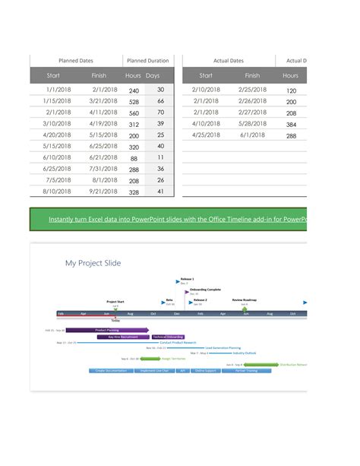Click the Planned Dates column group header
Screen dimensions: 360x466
point(76,61)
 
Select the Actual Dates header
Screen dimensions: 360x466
point(229,61)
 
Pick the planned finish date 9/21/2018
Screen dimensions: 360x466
point(104,192)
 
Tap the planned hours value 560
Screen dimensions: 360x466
point(134,113)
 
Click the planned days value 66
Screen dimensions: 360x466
point(160,101)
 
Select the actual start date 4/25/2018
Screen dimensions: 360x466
point(206,135)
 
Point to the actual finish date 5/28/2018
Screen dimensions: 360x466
point(252,124)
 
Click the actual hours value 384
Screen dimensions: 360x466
point(291,124)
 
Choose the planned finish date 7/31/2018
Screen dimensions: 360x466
point(104,170)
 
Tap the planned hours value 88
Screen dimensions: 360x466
point(134,158)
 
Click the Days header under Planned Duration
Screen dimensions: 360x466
point(153,76)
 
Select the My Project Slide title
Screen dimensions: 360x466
point(93,263)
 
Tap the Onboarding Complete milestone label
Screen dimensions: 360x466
point(205,290)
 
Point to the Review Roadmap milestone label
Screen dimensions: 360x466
point(248,300)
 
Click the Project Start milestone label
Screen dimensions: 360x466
point(115,301)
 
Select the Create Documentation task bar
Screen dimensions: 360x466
point(112,371)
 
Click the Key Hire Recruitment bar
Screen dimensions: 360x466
point(123,337)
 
